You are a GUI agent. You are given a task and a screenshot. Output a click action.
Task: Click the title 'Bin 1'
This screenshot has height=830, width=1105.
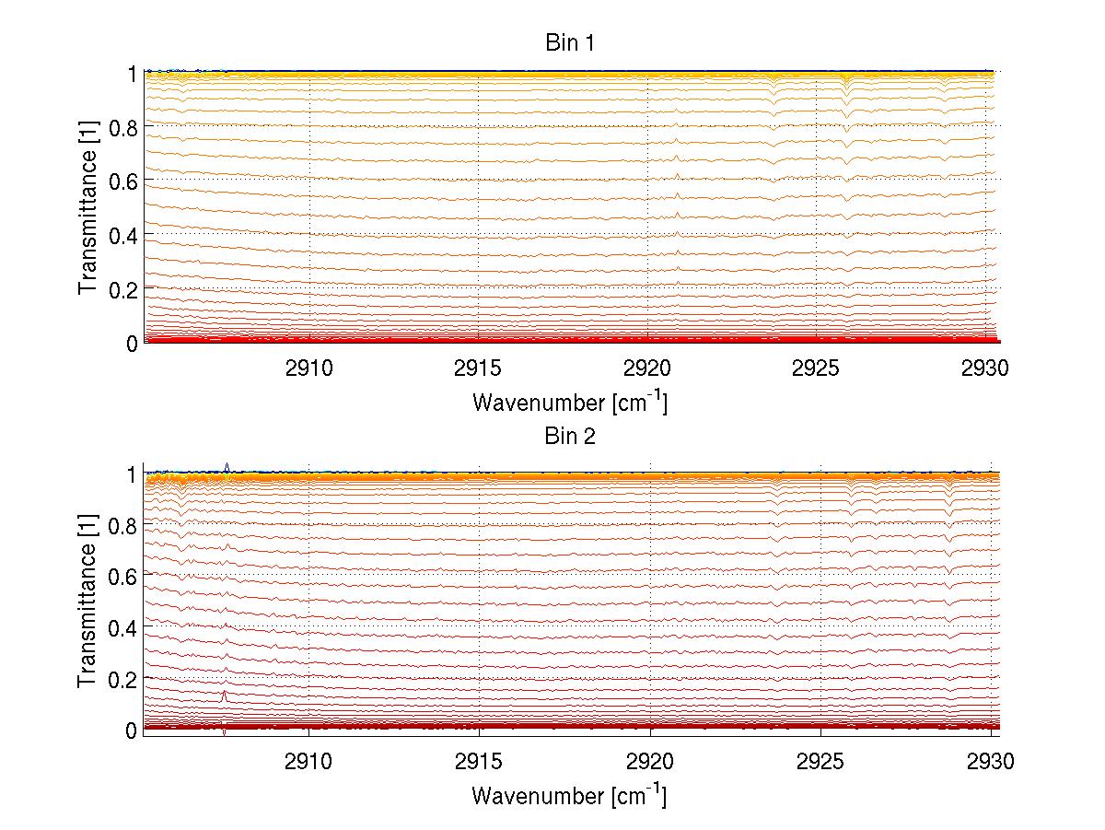click(x=569, y=43)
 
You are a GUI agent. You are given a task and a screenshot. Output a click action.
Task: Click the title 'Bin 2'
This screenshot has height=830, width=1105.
click(x=570, y=436)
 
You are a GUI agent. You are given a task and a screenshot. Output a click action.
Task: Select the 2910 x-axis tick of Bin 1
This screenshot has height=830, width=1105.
click(x=309, y=369)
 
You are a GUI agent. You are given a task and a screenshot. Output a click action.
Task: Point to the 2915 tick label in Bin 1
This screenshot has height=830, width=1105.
click(x=478, y=369)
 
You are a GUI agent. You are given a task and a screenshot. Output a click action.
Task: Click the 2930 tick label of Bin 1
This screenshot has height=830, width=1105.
click(x=984, y=369)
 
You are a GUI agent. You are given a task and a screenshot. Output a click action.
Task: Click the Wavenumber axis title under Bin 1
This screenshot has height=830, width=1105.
click(x=569, y=402)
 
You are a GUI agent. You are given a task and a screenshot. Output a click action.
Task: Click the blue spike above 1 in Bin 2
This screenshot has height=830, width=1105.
click(x=227, y=466)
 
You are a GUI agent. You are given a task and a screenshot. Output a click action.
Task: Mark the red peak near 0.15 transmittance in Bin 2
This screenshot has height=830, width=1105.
click(x=224, y=694)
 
